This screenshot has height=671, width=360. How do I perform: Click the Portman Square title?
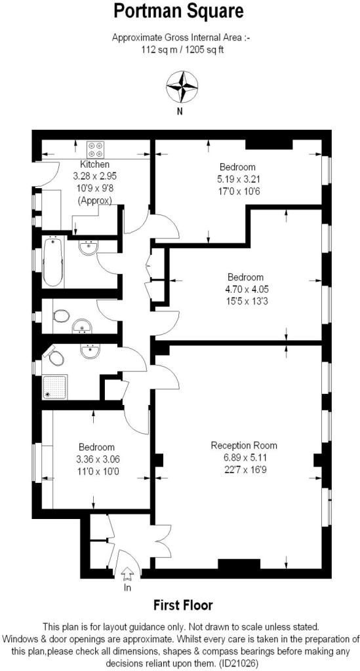coord(178,11)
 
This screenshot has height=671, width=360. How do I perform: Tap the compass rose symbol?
coord(182,87)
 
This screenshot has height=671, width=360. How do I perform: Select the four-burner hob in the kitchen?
coord(96,149)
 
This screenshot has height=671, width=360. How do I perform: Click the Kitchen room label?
coord(95,164)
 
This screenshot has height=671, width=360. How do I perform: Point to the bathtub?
coord(53,262)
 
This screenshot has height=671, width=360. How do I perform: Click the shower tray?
coord(55,387)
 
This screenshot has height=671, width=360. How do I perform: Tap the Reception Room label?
coord(244,446)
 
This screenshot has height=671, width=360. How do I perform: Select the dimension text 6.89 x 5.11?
coord(244,458)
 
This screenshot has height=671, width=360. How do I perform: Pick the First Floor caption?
coord(183,605)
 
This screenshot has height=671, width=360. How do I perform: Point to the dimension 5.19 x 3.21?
coord(237,179)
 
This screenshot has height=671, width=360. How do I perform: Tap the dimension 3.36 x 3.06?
coord(98,460)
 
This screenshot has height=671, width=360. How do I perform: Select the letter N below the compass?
coord(180,112)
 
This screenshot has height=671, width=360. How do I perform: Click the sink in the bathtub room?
coord(89,247)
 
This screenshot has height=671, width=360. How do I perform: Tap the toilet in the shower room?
coord(55,356)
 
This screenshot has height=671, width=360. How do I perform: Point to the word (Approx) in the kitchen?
coord(95,200)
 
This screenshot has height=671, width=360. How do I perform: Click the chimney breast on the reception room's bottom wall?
coord(239,564)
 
